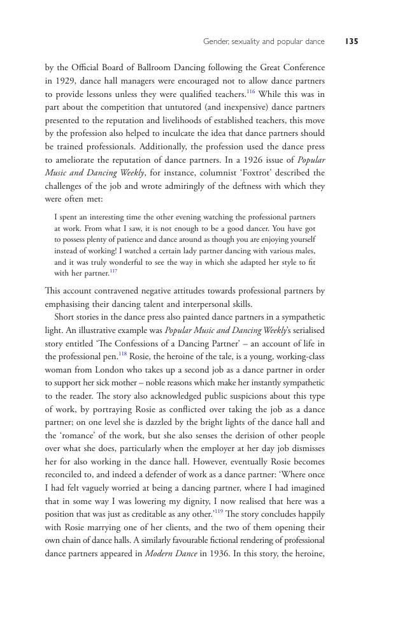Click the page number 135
[351, 41]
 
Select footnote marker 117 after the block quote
[113, 271]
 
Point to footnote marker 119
[218, 511]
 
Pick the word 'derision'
[250, 435]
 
